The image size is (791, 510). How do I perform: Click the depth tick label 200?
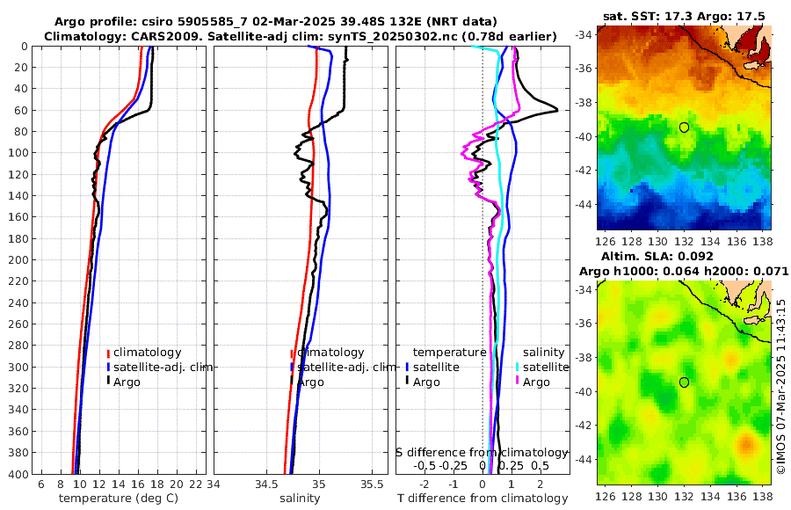point(17,260)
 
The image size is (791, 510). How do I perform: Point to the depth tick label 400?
point(17,474)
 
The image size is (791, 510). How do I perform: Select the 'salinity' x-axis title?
point(300,499)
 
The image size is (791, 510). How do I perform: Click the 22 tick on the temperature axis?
point(197,484)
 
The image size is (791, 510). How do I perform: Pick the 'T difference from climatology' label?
point(483,499)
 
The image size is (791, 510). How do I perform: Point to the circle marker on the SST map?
point(684,127)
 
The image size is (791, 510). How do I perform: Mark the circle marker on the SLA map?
point(684,382)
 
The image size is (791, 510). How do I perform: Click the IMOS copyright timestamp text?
point(780,387)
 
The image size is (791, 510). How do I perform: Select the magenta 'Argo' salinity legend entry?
point(536,382)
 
